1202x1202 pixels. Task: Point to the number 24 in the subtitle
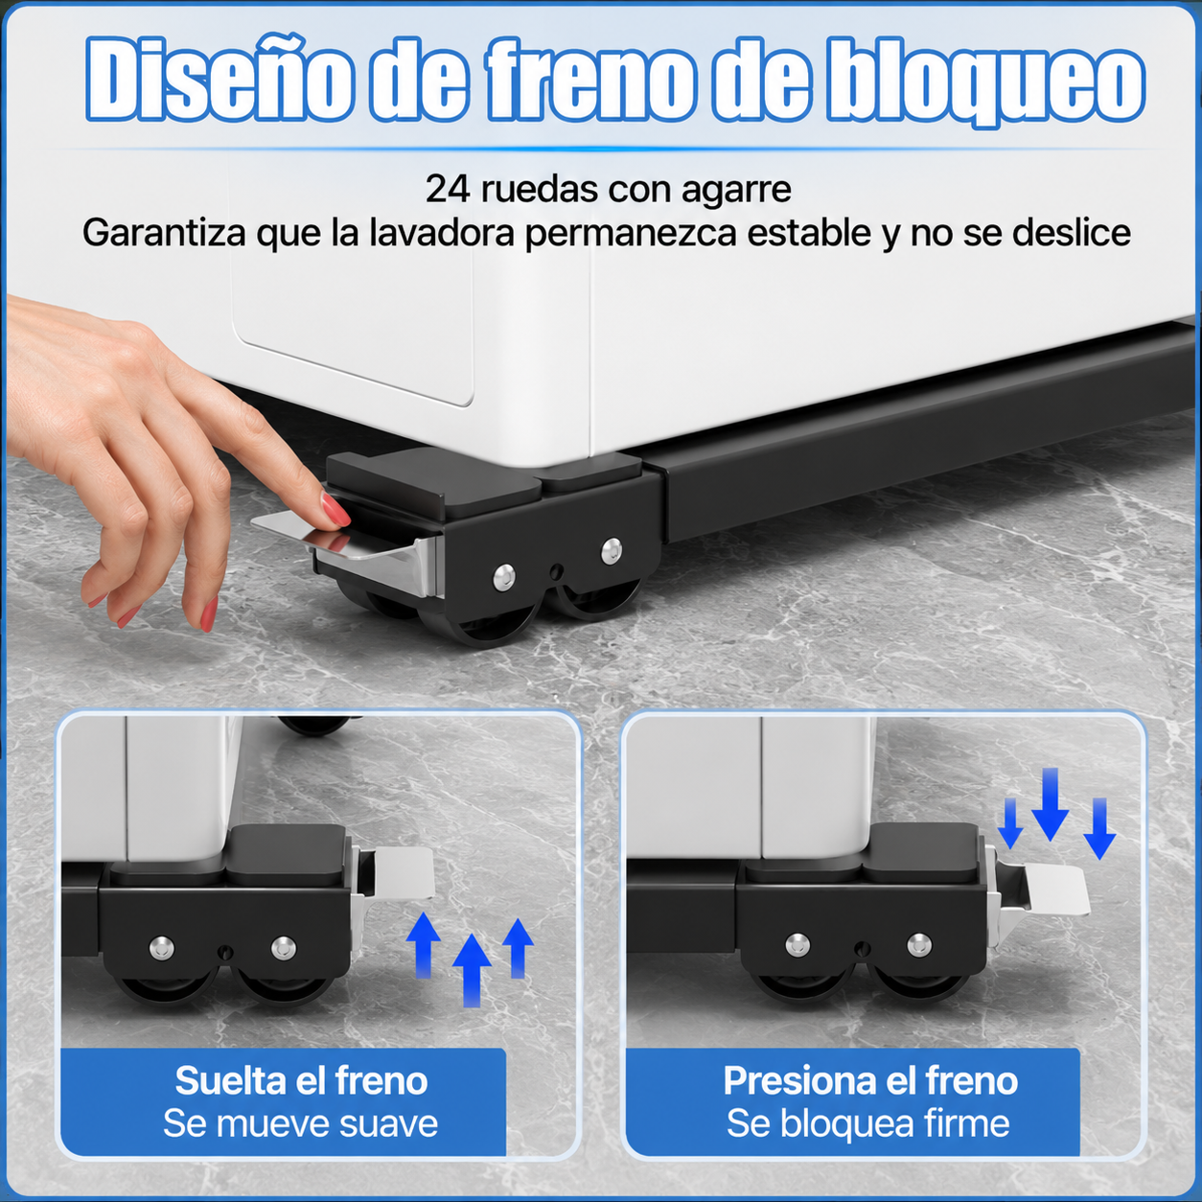(448, 190)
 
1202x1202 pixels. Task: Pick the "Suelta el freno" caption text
(301, 1079)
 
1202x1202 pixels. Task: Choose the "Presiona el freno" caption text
(870, 1079)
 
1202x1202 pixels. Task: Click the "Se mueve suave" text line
(300, 1123)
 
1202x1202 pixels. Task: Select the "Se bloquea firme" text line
(867, 1123)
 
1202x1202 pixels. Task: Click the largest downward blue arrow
(1050, 804)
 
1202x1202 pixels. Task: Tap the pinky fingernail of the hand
(97, 600)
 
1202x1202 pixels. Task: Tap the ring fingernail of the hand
(128, 616)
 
